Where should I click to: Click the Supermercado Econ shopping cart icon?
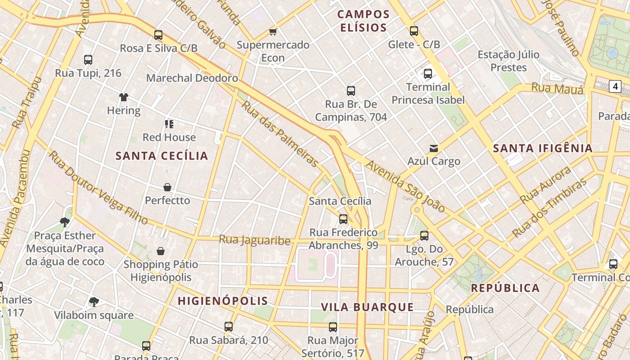(273, 31)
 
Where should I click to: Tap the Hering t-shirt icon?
(124, 97)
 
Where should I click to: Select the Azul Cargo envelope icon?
(434, 148)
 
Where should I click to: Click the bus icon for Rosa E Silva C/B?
(158, 35)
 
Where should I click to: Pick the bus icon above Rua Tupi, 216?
(88, 59)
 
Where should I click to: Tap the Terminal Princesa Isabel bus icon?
(428, 73)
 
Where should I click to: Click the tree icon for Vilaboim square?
(94, 301)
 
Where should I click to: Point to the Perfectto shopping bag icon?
(167, 187)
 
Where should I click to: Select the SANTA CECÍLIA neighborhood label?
(162, 156)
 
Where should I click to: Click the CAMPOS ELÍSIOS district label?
(364, 21)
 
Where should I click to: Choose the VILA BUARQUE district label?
(367, 307)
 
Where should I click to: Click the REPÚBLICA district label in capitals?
(505, 288)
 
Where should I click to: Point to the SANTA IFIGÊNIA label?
(543, 148)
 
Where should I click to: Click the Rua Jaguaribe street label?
(255, 240)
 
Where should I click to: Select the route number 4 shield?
(615, 86)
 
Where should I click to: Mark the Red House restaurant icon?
(169, 124)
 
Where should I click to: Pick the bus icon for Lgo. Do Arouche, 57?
(424, 235)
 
